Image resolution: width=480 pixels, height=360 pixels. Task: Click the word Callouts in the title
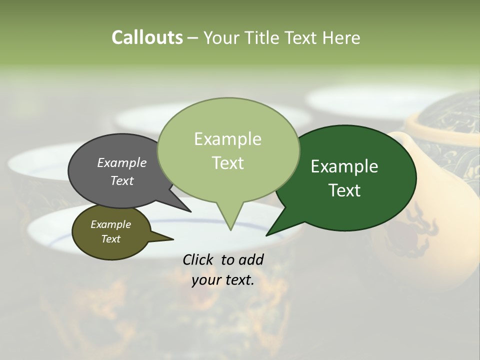pyautogui.click(x=147, y=37)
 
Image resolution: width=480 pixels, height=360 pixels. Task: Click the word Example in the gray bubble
pyautogui.click(x=121, y=162)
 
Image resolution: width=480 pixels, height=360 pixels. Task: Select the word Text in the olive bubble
pyautogui.click(x=111, y=239)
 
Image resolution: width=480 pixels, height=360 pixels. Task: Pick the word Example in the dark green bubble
pyautogui.click(x=344, y=166)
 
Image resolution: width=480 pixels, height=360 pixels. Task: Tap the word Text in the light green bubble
pyautogui.click(x=228, y=163)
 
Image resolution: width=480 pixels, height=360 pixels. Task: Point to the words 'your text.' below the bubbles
pyautogui.click(x=223, y=280)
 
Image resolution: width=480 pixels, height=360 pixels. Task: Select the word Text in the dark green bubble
pyautogui.click(x=345, y=190)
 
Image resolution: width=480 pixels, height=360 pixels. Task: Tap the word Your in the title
pyautogui.click(x=221, y=38)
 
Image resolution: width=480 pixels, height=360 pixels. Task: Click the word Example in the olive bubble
pyautogui.click(x=110, y=224)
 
